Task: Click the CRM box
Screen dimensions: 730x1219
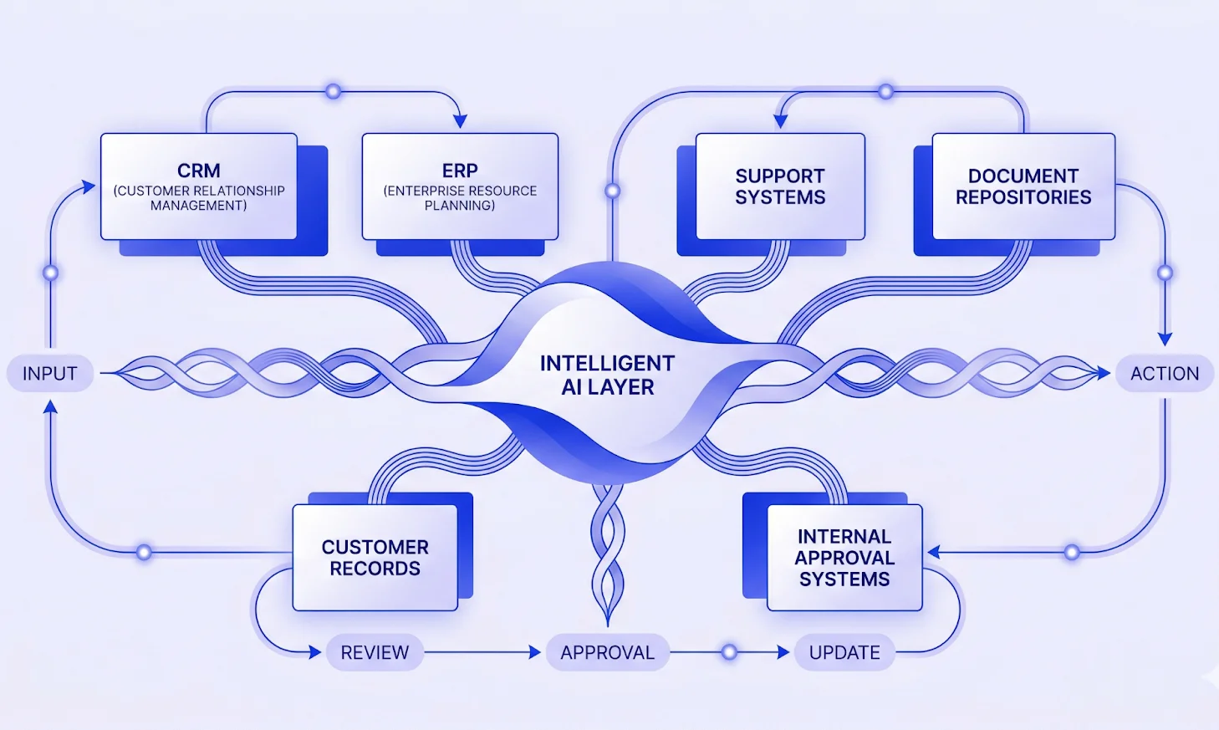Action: pyautogui.click(x=199, y=186)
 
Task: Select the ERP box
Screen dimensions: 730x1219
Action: pyautogui.click(x=460, y=186)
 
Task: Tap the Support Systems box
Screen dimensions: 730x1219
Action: pyautogui.click(x=780, y=186)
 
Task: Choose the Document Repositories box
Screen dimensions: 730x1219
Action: pyautogui.click(x=1023, y=186)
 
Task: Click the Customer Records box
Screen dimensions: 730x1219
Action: pyautogui.click(x=375, y=557)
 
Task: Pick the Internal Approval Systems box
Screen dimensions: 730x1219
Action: pyautogui.click(x=844, y=557)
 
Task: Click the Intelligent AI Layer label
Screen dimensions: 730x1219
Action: pyautogui.click(x=607, y=375)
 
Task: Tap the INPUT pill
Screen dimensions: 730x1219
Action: pyautogui.click(x=49, y=374)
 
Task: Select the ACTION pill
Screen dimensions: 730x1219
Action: pyautogui.click(x=1165, y=374)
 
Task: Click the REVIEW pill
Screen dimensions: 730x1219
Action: pyautogui.click(x=375, y=652)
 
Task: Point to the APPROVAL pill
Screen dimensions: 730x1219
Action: pyautogui.click(x=607, y=652)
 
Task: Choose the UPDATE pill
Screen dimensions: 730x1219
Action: pyautogui.click(x=844, y=652)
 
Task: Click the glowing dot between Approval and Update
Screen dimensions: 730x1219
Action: pyautogui.click(x=729, y=652)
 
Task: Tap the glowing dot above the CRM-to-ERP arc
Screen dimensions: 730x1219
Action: pyautogui.click(x=333, y=91)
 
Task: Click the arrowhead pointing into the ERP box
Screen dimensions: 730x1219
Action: pyautogui.click(x=460, y=122)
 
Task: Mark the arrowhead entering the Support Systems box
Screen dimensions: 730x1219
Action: pyautogui.click(x=780, y=122)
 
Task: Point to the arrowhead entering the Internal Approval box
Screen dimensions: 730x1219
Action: pyautogui.click(x=934, y=552)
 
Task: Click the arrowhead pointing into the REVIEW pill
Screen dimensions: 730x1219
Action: pyautogui.click(x=315, y=652)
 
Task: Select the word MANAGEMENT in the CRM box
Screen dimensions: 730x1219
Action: pyautogui.click(x=199, y=206)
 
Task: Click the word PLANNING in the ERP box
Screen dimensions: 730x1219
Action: pyautogui.click(x=460, y=206)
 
